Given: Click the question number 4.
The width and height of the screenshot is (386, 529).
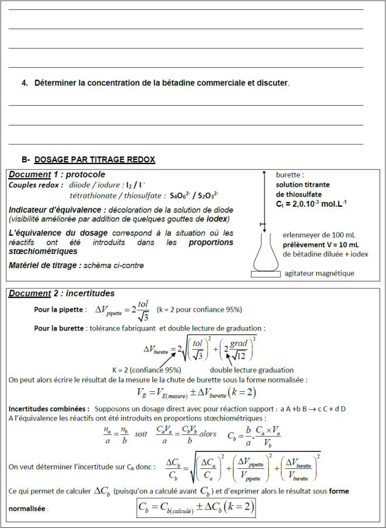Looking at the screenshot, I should point(25,83).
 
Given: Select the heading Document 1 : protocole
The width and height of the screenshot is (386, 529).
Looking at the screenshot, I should point(57,175).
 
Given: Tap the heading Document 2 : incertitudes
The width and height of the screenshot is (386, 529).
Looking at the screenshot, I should point(61,293).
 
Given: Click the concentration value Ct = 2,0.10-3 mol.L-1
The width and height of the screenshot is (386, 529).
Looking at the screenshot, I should point(312,204).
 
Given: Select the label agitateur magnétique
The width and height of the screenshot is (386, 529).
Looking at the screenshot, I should point(319,273).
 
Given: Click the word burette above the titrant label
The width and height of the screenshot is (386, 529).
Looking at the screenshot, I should point(290,175).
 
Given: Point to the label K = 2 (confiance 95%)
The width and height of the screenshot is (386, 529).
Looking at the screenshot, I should point(146,370).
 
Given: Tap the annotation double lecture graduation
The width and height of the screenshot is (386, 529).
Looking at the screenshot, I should point(251,370).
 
